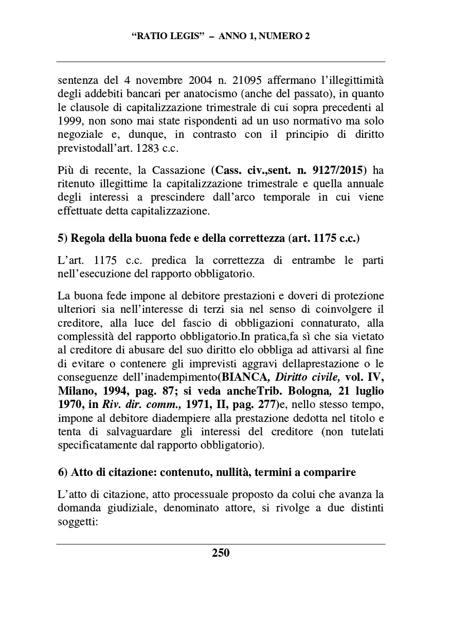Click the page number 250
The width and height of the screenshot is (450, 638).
pos(221,553)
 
